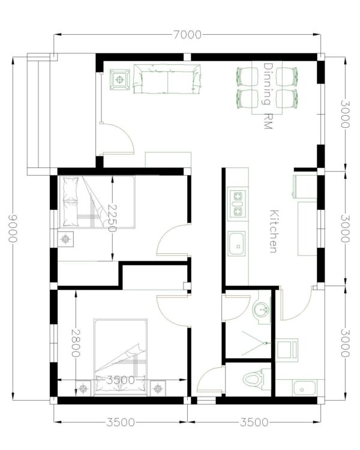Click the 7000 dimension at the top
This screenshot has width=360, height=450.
click(x=187, y=35)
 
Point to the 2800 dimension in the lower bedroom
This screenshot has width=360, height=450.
click(x=76, y=343)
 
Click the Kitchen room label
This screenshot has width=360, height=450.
click(x=274, y=230)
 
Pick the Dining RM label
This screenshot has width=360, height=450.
click(x=268, y=96)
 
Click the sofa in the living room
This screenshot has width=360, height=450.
click(x=167, y=80)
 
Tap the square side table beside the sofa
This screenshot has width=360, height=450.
click(x=120, y=79)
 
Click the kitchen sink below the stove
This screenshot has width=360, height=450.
click(x=237, y=244)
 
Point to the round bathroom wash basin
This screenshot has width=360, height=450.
click(x=261, y=310)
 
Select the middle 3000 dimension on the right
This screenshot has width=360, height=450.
click(x=344, y=228)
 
